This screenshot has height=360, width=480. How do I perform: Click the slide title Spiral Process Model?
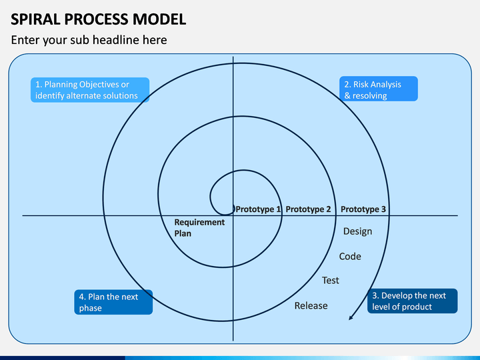pos(98,19)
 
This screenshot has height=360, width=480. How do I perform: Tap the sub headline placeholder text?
pos(89,40)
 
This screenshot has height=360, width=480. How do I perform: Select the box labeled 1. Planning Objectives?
pos(90,90)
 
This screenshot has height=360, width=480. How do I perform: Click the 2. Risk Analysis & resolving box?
pos(379,89)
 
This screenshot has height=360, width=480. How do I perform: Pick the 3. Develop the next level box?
pos(413,301)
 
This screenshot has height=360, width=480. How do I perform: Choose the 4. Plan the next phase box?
pos(113,302)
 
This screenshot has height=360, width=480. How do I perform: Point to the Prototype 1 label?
pos(258,209)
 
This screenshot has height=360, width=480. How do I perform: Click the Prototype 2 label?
pos(308,209)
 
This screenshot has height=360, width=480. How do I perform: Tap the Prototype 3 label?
pos(363,209)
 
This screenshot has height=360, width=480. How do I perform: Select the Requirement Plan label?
pos(199,228)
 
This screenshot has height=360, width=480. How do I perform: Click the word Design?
pos(357,231)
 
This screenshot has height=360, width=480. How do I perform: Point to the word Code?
pos(350,256)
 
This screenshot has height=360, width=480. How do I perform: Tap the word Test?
pos(330,280)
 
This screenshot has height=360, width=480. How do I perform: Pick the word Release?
pos(311,305)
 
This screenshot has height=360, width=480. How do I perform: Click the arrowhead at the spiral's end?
pos(351,317)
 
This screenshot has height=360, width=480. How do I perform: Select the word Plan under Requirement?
pos(183,233)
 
